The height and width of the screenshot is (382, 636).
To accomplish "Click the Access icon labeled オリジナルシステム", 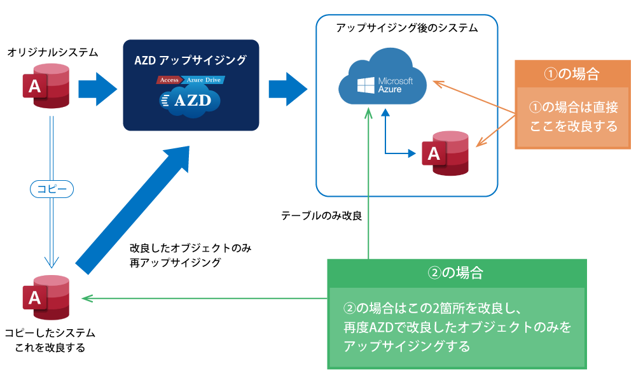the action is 46,86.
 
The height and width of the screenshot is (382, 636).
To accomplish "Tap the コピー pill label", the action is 52,188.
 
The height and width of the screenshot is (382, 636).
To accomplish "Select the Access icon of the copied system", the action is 46,297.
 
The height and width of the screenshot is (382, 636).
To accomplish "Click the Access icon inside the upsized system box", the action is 445,153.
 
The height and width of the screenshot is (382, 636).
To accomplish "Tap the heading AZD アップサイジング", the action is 191,60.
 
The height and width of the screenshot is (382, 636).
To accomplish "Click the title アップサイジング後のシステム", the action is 407,27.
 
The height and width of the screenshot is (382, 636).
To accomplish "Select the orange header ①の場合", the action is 572,73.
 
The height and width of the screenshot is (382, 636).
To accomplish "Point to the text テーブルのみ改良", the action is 322,216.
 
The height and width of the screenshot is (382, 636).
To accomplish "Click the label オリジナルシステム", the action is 53,52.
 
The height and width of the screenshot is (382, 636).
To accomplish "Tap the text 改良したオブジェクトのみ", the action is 191,248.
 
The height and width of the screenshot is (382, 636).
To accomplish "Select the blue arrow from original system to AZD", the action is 97,89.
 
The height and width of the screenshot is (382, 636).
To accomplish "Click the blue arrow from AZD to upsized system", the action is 288,89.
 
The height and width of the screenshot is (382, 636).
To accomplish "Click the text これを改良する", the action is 50,348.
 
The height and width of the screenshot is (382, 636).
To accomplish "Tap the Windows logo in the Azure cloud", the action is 366,85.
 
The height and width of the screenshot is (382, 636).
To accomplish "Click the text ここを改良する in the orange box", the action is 573,126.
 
